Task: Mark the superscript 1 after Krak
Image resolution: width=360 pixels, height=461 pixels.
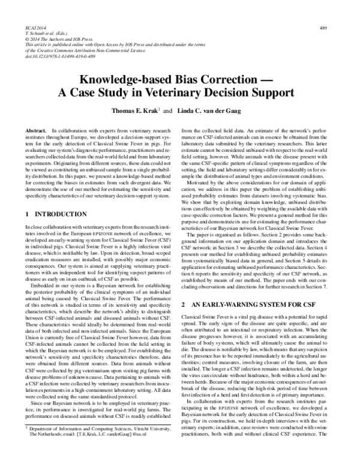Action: pyautogui.click(x=143, y=109)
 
